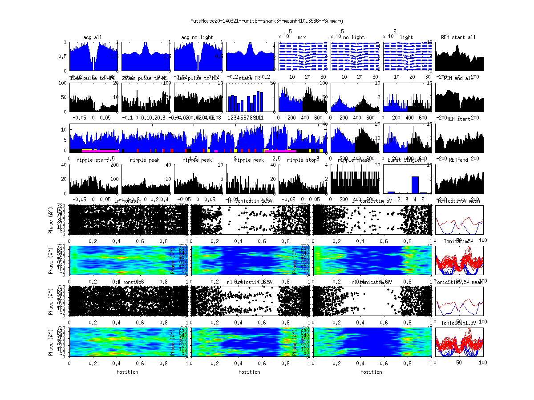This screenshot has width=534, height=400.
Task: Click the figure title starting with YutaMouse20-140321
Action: point(267,21)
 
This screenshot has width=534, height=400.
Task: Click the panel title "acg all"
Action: point(93,37)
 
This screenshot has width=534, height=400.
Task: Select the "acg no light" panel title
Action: point(197,37)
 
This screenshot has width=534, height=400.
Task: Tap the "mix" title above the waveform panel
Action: point(302,37)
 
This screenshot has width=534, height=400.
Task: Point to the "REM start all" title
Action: point(458,37)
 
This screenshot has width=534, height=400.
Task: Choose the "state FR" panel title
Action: point(250,78)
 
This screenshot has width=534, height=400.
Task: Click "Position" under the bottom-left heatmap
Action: point(127,372)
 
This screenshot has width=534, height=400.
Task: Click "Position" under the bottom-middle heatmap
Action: point(250,372)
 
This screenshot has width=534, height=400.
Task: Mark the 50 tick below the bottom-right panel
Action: point(459,363)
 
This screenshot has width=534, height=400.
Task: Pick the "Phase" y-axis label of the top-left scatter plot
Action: point(51,219)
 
